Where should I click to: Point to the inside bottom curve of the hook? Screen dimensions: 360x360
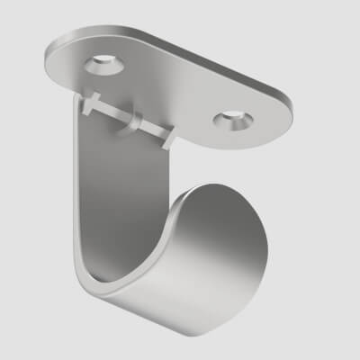[x=135, y=270]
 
